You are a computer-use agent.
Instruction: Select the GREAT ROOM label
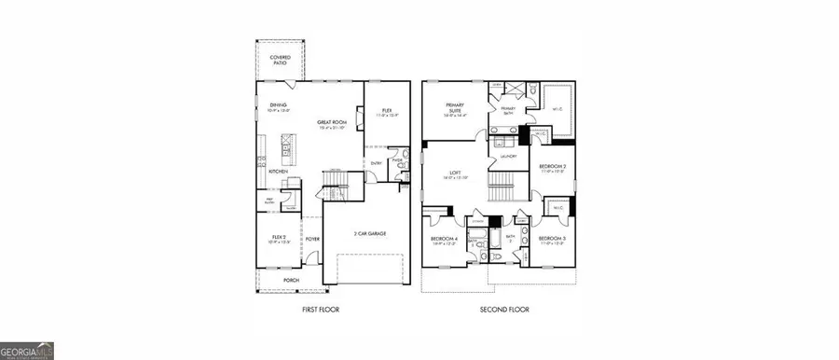(331, 123)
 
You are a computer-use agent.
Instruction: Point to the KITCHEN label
(278, 172)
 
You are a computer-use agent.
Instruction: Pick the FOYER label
(311, 239)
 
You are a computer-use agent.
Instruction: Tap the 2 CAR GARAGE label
(370, 232)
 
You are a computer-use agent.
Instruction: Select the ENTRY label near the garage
(377, 163)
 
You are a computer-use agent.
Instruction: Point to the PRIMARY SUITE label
(454, 109)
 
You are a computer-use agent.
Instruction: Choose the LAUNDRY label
(509, 157)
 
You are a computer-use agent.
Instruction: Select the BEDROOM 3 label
(552, 240)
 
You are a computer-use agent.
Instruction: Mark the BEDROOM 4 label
(443, 240)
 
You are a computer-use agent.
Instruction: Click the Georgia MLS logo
(27, 351)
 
